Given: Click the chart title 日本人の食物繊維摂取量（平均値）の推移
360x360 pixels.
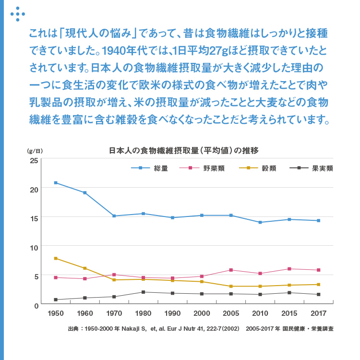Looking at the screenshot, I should pyautogui.click(x=184, y=150).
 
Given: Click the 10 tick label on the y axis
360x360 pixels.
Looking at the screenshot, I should pyautogui.click(x=34, y=247).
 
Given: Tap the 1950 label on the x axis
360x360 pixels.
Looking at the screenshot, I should pyautogui.click(x=56, y=313).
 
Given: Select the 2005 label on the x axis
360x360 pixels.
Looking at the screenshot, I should pyautogui.click(x=231, y=313).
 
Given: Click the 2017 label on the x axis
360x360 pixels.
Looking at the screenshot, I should pyautogui.click(x=318, y=313).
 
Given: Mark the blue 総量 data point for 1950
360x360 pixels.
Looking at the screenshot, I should pyautogui.click(x=56, y=183).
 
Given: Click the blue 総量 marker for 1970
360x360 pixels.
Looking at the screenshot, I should pyautogui.click(x=114, y=216).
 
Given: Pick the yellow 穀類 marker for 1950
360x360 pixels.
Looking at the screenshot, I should pyautogui.click(x=56, y=259).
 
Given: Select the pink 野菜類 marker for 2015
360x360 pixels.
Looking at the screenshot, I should pyautogui.click(x=289, y=269).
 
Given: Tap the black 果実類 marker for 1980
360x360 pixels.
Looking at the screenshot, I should pyautogui.click(x=143, y=292).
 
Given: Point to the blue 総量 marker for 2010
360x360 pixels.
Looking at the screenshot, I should pyautogui.click(x=260, y=222).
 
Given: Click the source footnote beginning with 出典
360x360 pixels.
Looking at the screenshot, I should pyautogui.click(x=201, y=329).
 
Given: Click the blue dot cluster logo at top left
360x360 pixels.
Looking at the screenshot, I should pyautogui.click(x=18, y=13).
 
